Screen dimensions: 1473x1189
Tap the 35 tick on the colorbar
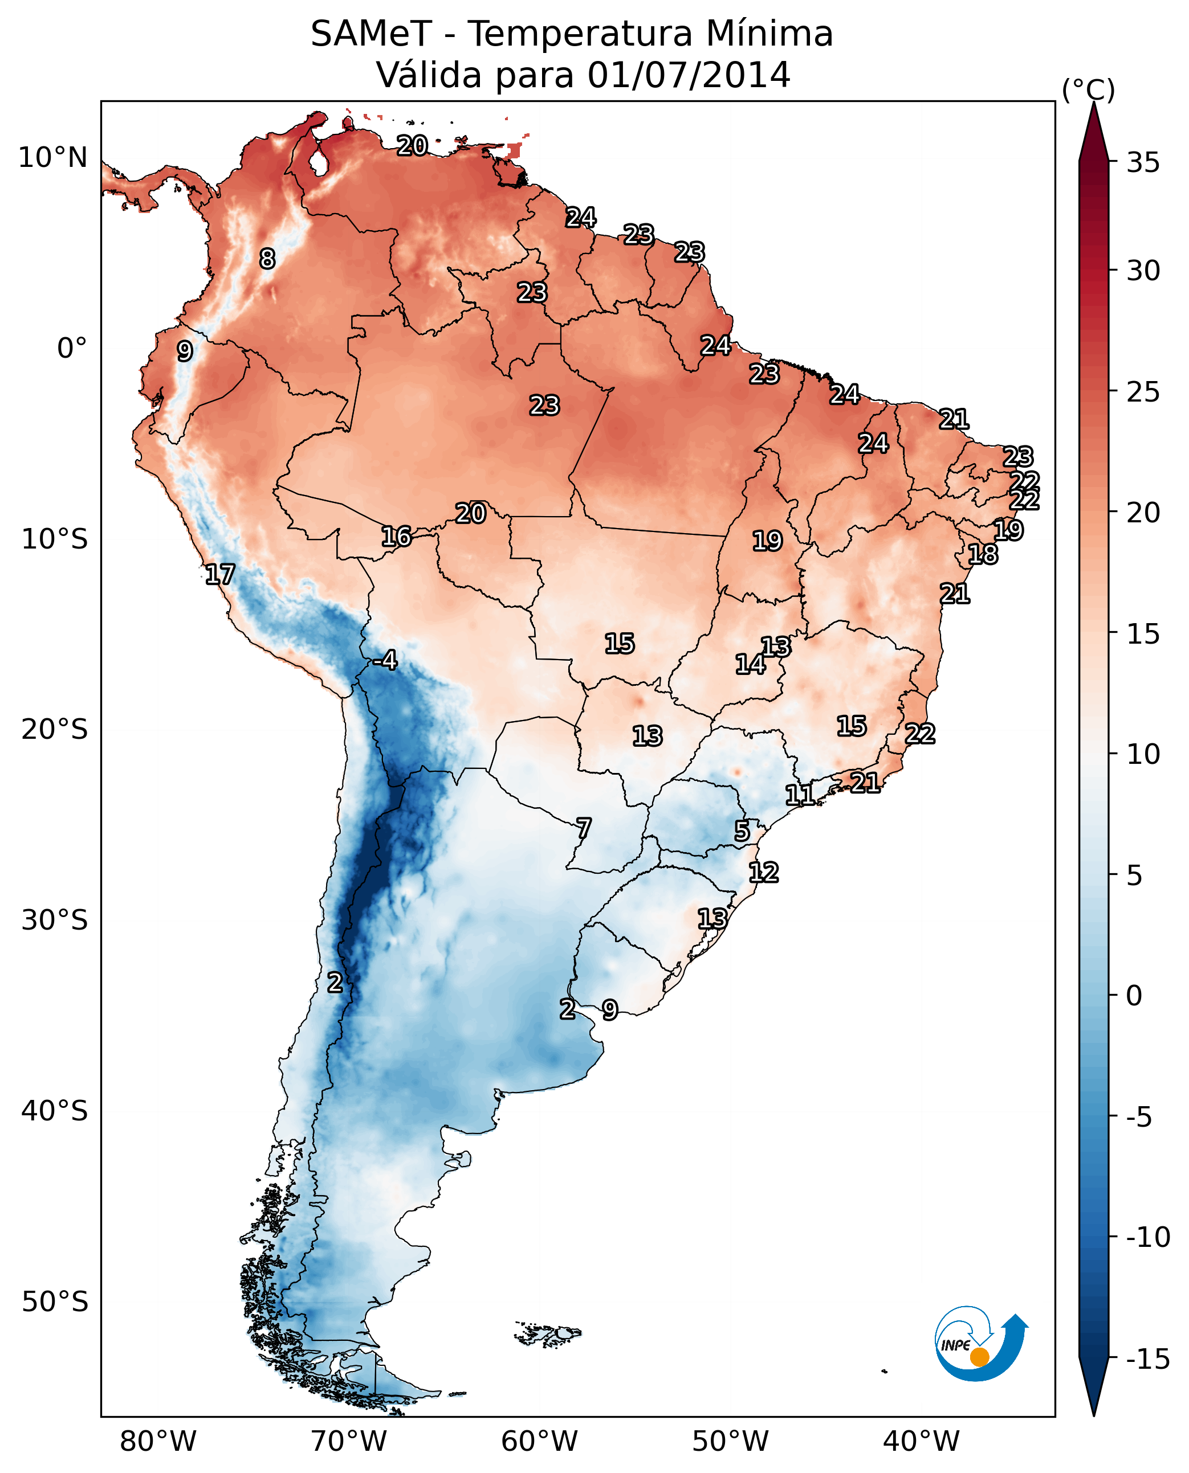1143,163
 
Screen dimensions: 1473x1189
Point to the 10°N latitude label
53,158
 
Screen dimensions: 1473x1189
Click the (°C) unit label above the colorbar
1088,89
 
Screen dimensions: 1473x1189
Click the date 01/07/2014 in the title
689,75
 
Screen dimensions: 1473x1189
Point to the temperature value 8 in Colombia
267,259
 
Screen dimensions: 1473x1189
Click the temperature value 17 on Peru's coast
220,574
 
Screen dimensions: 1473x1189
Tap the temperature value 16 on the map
396,537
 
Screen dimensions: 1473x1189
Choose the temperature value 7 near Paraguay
584,828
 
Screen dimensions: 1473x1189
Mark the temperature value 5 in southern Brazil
742,831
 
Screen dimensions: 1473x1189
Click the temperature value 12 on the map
763,873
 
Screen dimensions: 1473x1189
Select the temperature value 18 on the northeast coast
983,554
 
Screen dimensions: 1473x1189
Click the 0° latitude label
72,349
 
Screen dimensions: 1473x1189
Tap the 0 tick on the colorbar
1134,996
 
